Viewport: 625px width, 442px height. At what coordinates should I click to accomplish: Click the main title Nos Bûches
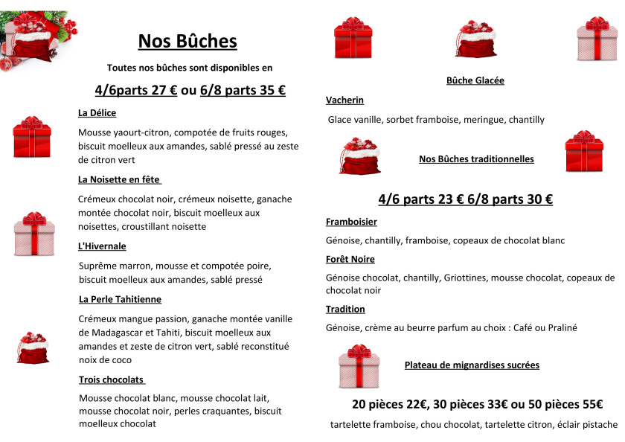tap(187, 41)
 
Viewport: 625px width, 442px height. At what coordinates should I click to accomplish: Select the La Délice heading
tap(97, 113)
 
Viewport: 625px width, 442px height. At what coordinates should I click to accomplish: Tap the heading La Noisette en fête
tap(119, 179)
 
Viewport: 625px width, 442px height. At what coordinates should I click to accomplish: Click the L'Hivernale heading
tap(102, 246)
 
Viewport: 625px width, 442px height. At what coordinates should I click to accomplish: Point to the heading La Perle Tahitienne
tap(120, 299)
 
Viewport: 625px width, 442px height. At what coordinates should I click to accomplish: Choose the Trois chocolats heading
tap(112, 379)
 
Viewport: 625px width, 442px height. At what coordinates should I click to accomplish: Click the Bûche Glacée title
tap(475, 80)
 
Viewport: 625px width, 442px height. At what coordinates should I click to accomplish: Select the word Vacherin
tap(344, 100)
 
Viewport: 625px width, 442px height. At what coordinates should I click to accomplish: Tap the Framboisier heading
tap(351, 222)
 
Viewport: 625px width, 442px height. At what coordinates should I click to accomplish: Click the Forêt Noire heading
tap(350, 259)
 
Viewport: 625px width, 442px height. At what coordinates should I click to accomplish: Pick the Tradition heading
tap(345, 309)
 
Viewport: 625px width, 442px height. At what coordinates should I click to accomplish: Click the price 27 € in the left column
tap(164, 91)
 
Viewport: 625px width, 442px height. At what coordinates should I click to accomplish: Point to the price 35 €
tap(272, 91)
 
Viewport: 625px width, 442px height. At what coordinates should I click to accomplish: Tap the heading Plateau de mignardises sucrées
tap(472, 365)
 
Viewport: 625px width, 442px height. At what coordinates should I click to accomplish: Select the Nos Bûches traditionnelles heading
tap(476, 158)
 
